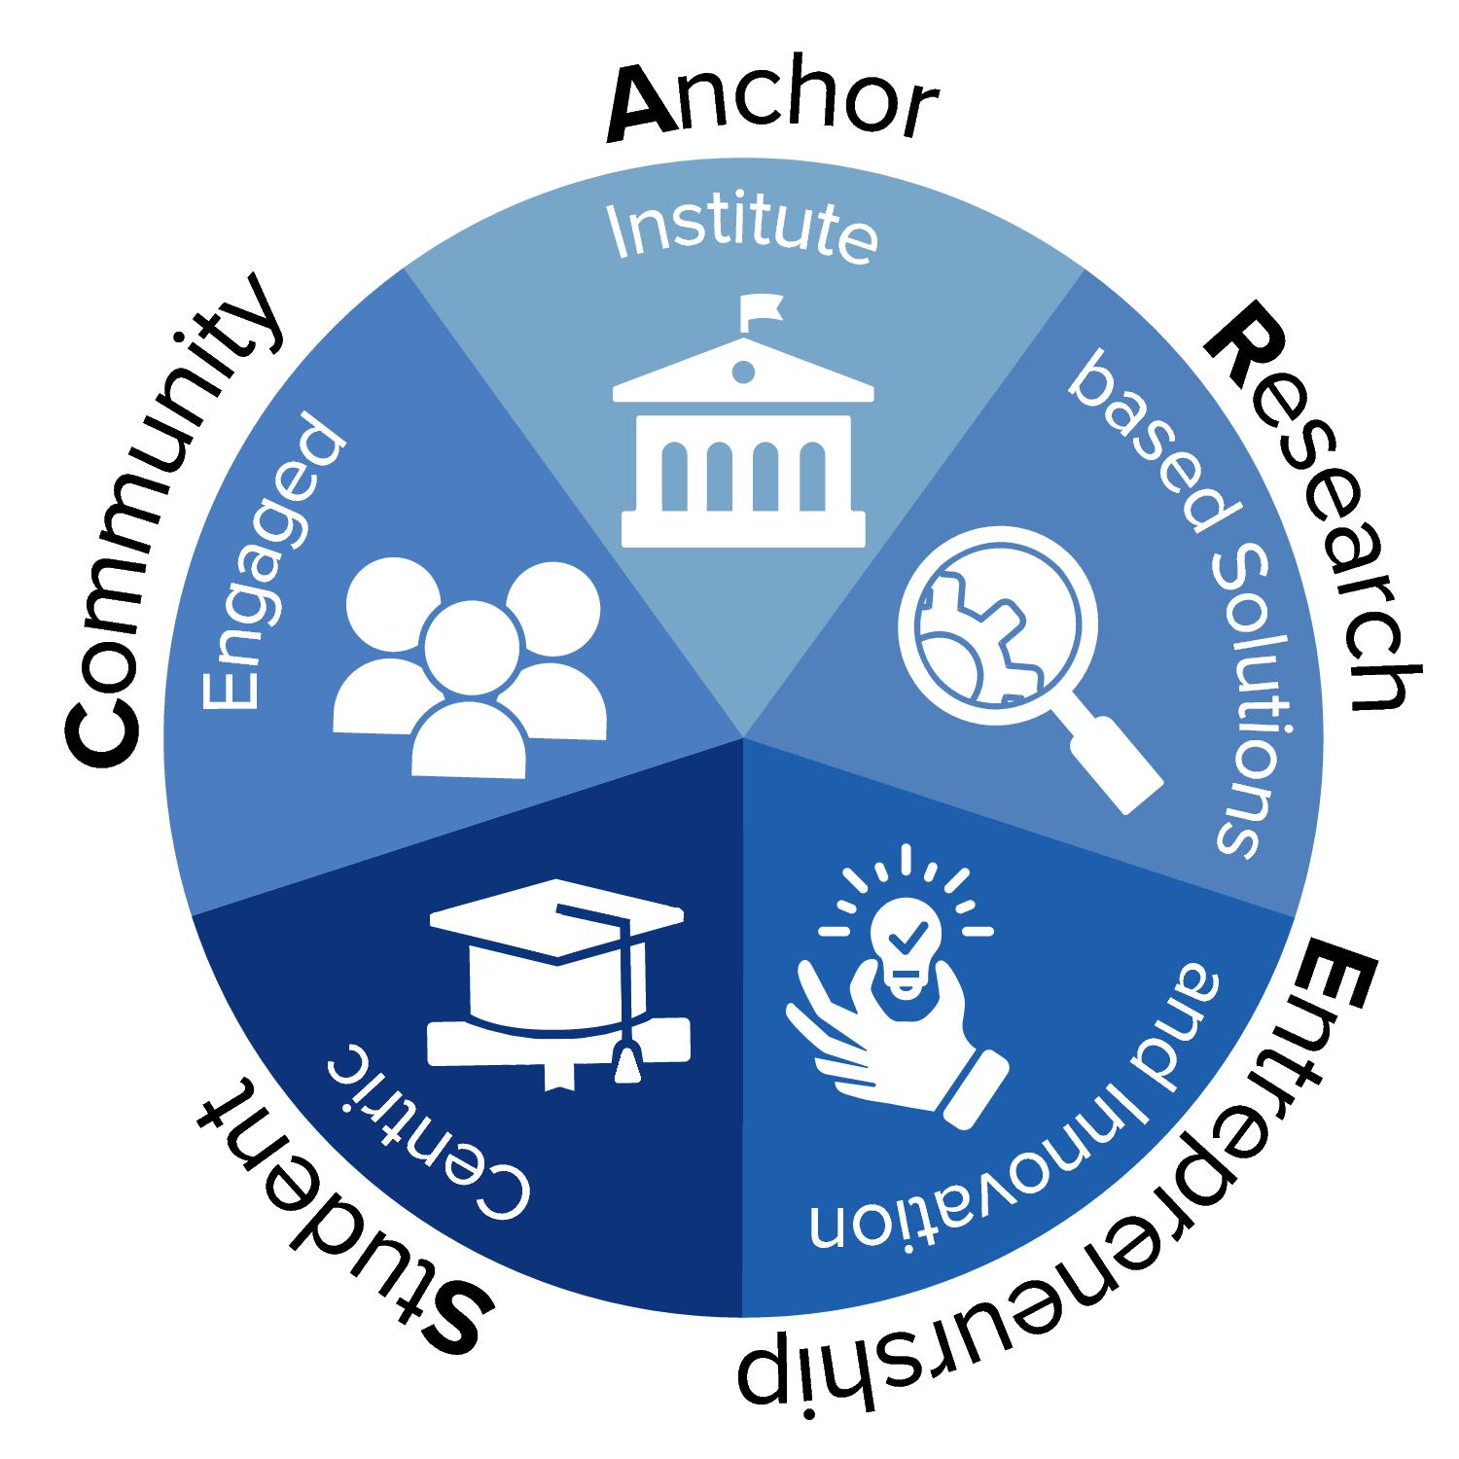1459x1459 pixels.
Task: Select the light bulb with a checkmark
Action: [906, 948]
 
